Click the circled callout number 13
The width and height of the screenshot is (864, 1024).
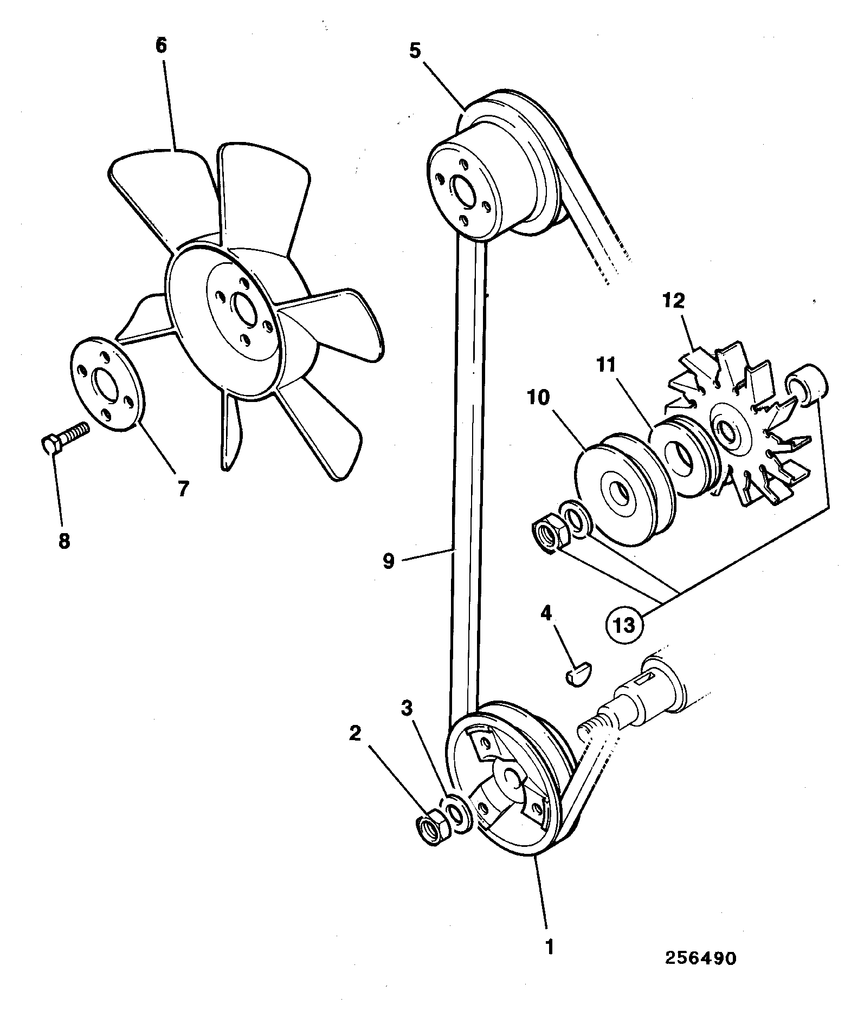pos(624,626)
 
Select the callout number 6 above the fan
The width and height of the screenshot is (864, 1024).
pos(162,46)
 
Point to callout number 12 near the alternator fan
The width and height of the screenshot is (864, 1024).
pos(673,301)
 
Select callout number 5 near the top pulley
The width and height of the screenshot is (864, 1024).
pos(415,51)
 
